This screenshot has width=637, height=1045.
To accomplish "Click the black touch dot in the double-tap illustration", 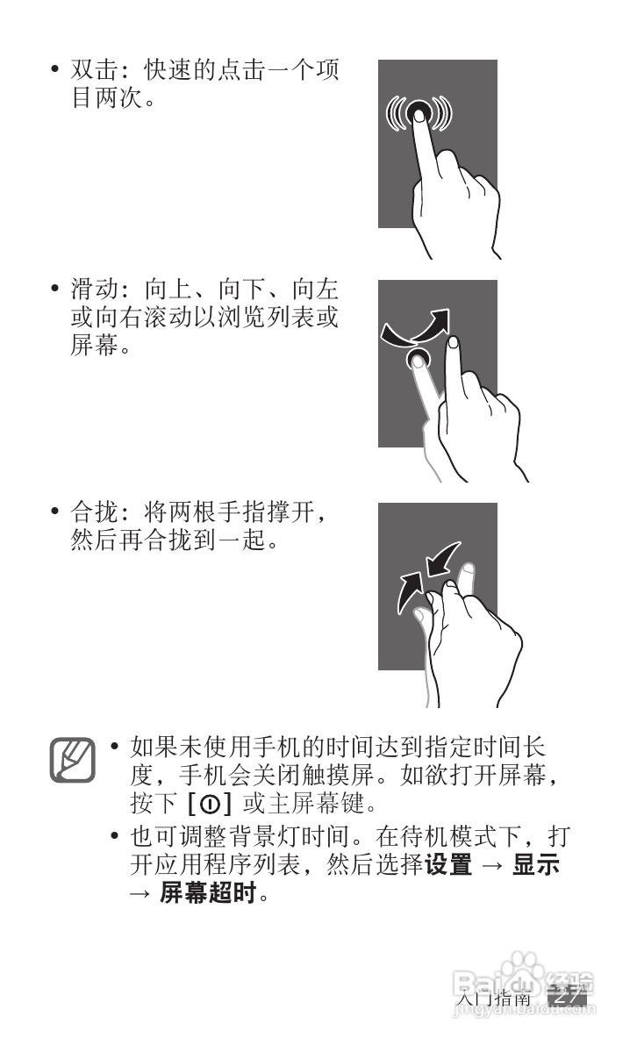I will (x=419, y=112).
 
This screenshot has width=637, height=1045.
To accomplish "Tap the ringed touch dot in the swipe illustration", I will (x=419, y=357).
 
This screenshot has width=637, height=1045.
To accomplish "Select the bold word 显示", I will (x=536, y=865).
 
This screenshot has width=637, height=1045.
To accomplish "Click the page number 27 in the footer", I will (x=567, y=997).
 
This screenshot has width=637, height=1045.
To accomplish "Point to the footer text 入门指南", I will (x=495, y=998).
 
